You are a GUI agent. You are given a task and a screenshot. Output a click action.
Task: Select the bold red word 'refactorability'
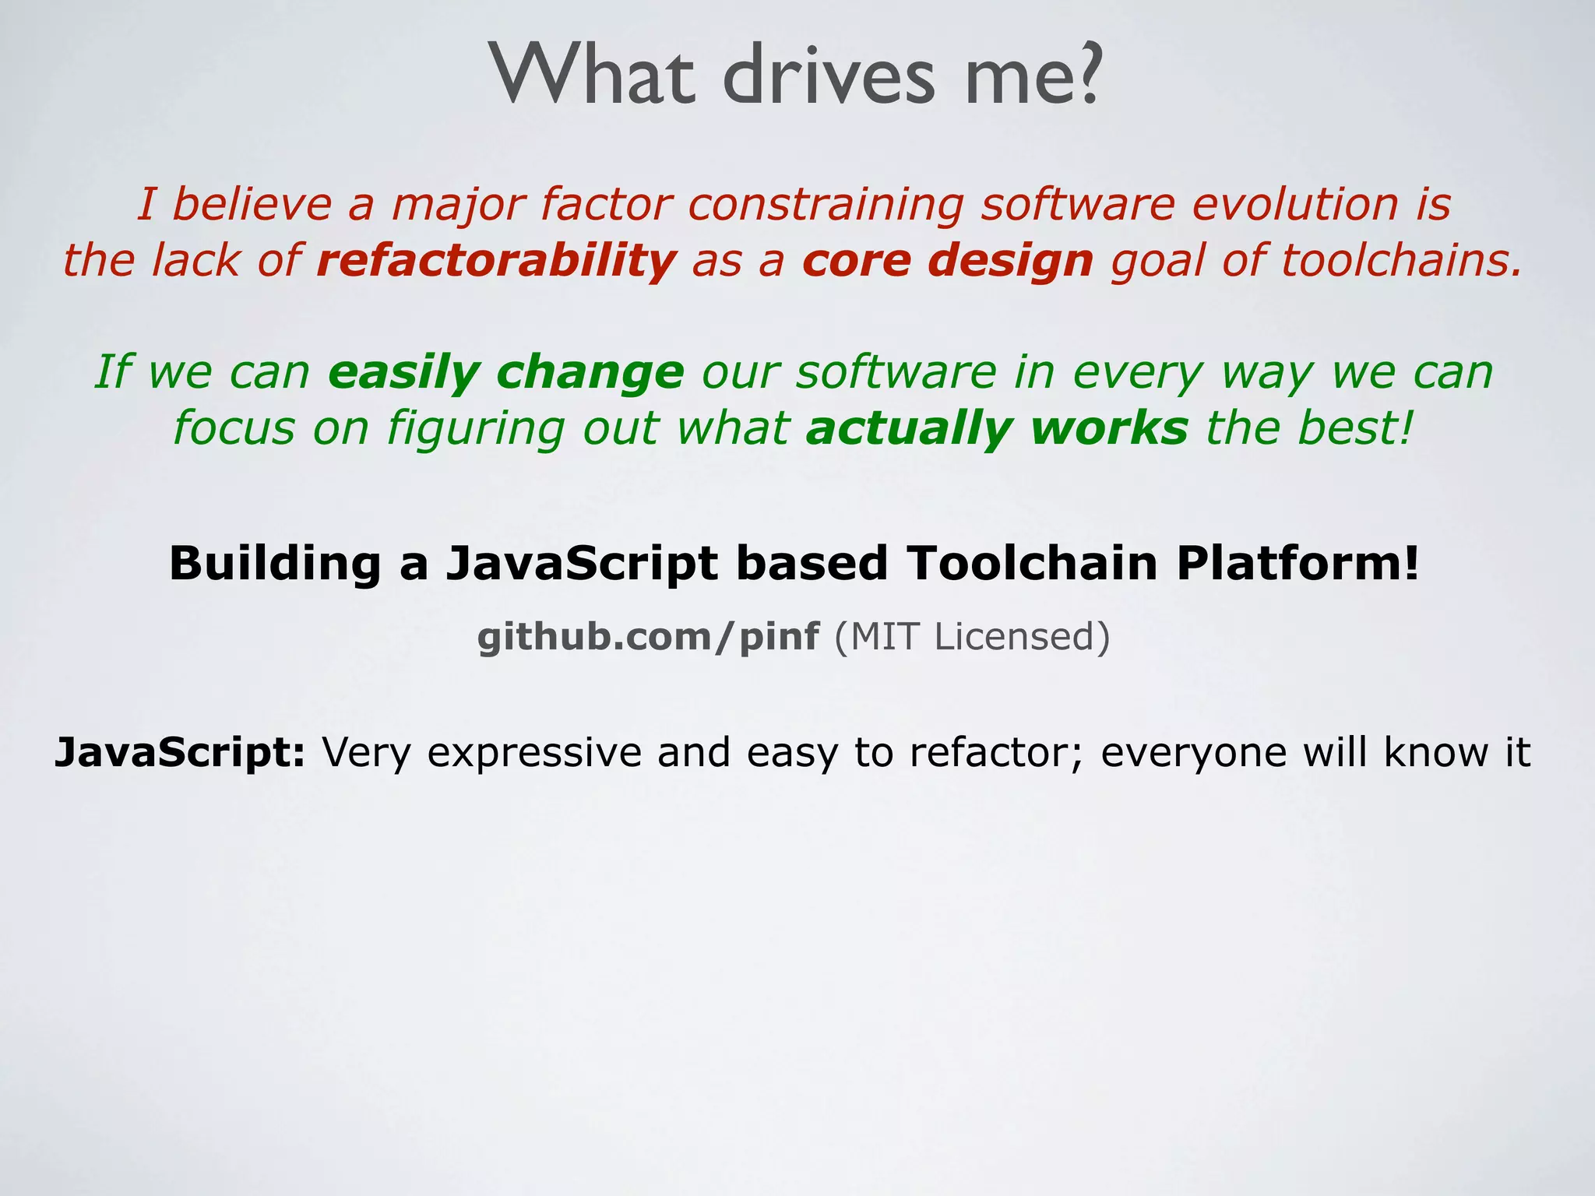[x=496, y=260]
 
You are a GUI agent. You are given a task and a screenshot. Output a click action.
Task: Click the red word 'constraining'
[x=826, y=205]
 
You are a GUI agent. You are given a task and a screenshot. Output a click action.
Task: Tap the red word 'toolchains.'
[x=1401, y=260]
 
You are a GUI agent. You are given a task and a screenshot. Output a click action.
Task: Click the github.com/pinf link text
[x=648, y=637]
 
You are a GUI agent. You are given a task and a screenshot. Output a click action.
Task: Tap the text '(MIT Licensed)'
[x=972, y=637]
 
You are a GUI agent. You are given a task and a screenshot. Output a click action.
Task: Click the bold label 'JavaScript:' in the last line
[x=180, y=753]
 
